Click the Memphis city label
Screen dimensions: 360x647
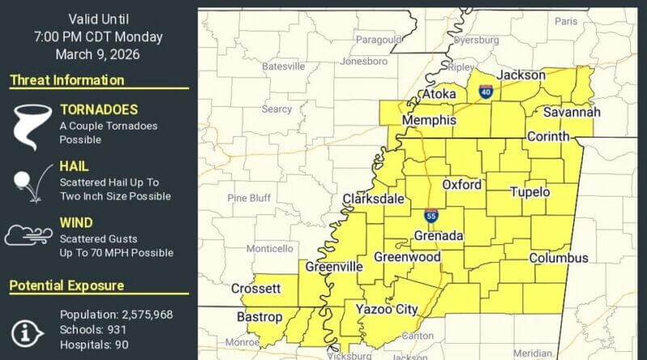(x=429, y=121)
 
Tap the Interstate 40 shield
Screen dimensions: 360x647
(x=486, y=92)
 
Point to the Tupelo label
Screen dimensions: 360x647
(x=530, y=193)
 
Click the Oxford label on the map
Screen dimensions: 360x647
(x=462, y=184)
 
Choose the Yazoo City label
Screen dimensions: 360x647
(x=387, y=308)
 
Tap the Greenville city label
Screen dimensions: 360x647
(x=334, y=267)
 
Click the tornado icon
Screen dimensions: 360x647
(x=29, y=125)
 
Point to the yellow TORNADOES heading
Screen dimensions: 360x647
(x=99, y=110)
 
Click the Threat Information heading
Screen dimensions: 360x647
(x=67, y=80)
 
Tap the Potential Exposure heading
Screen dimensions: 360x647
(x=67, y=286)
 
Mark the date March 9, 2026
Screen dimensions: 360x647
(x=98, y=54)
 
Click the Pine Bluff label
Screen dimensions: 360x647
(x=249, y=197)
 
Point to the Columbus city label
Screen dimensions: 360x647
(x=559, y=258)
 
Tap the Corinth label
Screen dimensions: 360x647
(x=548, y=137)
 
